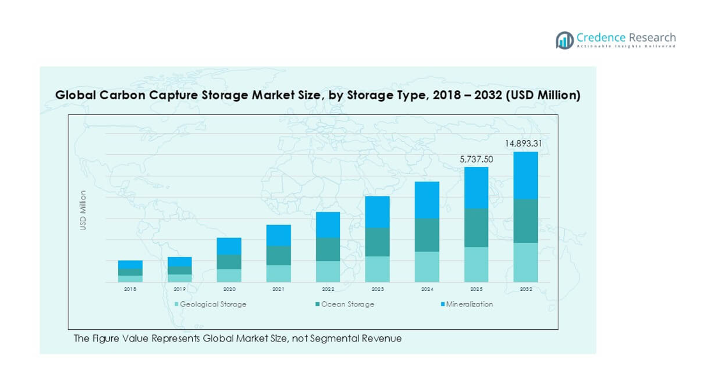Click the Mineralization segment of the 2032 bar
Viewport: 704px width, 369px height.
pos(525,175)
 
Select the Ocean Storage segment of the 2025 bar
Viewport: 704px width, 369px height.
pos(476,228)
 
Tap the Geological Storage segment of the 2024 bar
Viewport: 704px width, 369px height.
pos(426,267)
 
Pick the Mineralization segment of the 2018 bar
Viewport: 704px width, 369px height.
pos(130,264)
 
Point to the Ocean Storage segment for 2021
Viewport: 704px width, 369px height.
pos(279,255)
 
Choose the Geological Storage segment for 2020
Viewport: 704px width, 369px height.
pos(229,276)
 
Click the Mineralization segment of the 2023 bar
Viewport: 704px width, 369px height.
pos(377,212)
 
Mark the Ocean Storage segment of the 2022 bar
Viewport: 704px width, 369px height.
pos(328,249)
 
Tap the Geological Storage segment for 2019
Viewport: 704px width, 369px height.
pos(180,278)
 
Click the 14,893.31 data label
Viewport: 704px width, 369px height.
pos(523,144)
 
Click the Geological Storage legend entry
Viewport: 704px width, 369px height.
pos(210,304)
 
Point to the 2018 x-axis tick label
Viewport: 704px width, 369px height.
pos(130,289)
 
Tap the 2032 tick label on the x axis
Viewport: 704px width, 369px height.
pos(525,289)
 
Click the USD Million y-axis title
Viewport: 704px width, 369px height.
pos(83,210)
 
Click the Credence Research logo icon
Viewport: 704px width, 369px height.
pos(564,40)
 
